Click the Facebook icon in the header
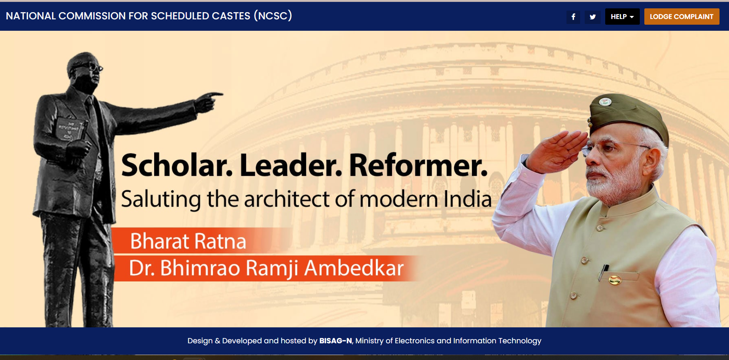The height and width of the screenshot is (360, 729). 573,17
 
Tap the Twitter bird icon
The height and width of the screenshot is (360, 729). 593,17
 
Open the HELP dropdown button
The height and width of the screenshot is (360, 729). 622,17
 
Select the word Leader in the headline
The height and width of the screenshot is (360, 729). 291,165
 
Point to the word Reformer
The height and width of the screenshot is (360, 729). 418,165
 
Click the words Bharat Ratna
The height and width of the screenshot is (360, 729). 188,241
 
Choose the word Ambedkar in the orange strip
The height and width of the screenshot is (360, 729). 354,268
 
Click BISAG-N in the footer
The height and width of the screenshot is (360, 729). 336,341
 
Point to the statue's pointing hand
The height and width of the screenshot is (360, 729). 209,101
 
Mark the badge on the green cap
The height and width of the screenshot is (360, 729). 605,102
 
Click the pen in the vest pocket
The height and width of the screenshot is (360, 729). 603,272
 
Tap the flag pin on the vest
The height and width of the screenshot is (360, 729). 615,280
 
